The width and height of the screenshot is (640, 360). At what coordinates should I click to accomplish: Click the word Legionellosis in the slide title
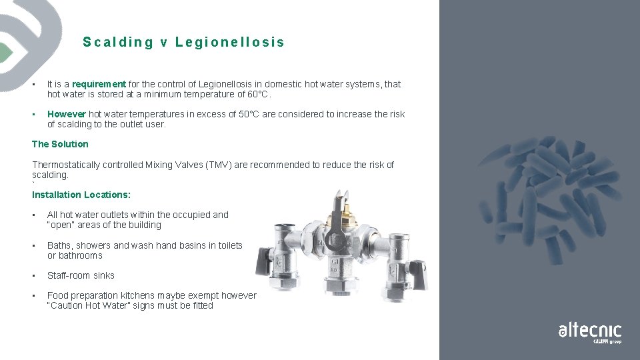click(229, 43)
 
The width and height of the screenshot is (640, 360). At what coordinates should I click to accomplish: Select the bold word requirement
click(99, 84)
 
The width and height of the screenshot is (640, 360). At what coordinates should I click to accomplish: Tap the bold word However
click(66, 114)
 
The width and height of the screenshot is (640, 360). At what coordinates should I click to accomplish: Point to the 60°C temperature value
click(257, 94)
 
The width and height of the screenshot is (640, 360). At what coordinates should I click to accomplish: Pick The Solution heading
click(60, 144)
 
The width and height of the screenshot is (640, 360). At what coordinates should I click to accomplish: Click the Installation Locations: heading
click(81, 195)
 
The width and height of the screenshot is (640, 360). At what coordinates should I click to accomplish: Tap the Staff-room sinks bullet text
click(81, 275)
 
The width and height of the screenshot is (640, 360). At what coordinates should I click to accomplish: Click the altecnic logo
click(590, 331)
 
